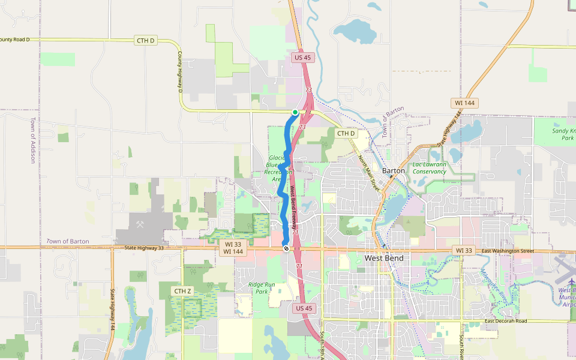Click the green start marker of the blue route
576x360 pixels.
(295, 112)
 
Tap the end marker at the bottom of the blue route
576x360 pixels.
(286, 248)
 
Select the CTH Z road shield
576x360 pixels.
(182, 291)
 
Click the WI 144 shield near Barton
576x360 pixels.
(463, 103)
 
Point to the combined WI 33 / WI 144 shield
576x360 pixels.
(233, 248)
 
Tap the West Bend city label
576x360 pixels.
(384, 258)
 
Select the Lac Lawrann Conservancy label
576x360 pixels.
(430, 167)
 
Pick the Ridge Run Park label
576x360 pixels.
(261, 287)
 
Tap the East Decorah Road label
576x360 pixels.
(506, 321)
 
